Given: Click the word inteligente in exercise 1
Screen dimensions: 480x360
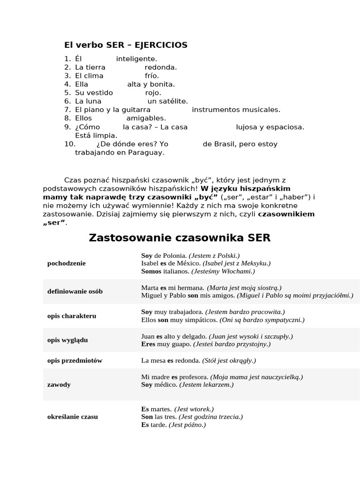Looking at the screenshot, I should click(x=136, y=59).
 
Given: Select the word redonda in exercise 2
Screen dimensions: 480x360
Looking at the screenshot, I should click(x=161, y=67).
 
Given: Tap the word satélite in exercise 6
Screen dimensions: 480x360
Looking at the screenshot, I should click(x=174, y=101).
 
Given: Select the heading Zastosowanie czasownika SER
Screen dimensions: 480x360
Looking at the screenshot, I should click(x=180, y=238).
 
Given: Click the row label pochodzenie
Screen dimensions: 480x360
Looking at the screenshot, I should click(x=67, y=263).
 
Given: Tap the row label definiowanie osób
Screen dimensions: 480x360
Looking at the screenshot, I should click(x=75, y=292).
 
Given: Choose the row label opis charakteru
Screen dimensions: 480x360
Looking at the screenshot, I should click(x=72, y=316).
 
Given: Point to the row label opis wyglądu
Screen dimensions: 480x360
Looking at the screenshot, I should click(x=67, y=340).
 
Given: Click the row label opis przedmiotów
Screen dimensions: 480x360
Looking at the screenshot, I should click(x=75, y=361).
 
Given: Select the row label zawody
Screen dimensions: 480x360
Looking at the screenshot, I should click(x=59, y=385).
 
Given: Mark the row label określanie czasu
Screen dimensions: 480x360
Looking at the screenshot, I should click(x=73, y=417).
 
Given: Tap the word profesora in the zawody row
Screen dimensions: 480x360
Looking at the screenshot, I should click(x=194, y=377).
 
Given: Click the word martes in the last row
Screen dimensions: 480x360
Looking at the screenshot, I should click(x=161, y=409).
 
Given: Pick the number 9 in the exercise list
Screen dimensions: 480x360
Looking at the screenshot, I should click(x=67, y=127).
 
